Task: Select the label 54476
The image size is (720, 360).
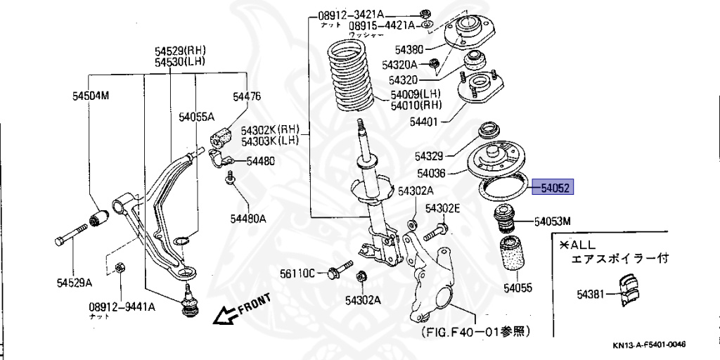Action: (247, 96)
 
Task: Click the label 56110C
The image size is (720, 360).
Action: (298, 273)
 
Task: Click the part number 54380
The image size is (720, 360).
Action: (409, 50)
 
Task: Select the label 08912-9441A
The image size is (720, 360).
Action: (122, 307)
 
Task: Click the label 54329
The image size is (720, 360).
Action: (429, 155)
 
